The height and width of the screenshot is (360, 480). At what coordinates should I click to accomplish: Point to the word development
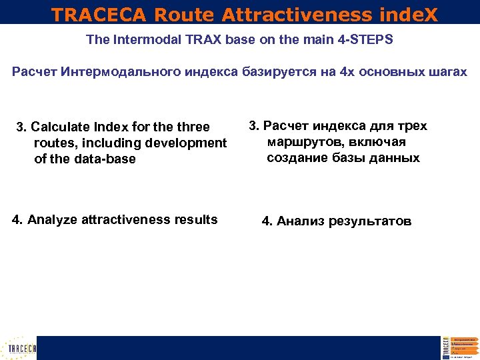coord(189,143)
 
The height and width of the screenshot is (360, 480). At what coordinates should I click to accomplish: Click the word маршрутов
coord(301,142)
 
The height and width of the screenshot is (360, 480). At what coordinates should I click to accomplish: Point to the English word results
coord(194,219)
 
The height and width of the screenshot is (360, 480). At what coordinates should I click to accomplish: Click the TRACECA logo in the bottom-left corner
coord(20,347)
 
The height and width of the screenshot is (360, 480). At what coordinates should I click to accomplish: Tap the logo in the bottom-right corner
coord(460,347)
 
